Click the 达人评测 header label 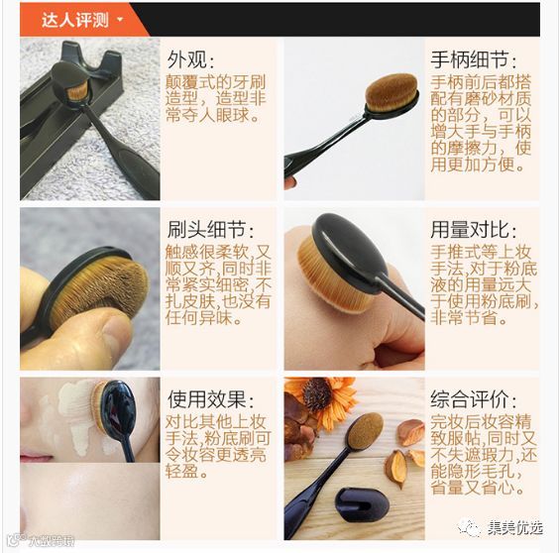coord(75,20)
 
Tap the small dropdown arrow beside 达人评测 coord(120,20)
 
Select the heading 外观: coord(191,58)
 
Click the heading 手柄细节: coord(473,58)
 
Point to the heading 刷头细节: coord(211,229)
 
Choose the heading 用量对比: coord(473,229)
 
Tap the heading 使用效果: coord(211,398)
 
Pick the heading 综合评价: coord(473,398)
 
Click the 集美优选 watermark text coord(515,527)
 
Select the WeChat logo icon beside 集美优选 coord(471,527)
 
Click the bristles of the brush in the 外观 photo coord(77,90)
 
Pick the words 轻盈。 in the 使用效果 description coord(186,472)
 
